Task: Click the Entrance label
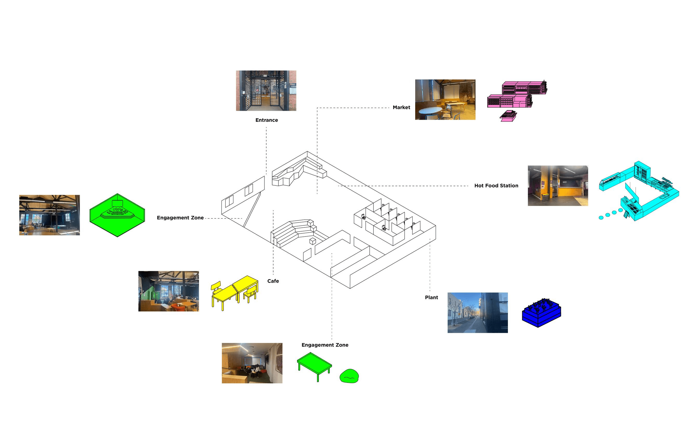click(267, 120)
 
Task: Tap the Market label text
click(401, 107)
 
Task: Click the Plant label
click(431, 297)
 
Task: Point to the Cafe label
click(273, 281)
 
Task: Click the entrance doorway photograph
click(266, 90)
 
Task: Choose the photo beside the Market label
click(445, 99)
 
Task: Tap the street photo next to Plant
click(477, 312)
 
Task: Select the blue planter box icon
click(541, 313)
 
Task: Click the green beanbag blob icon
click(349, 376)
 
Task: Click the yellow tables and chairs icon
click(235, 292)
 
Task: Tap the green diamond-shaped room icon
click(117, 215)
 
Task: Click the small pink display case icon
click(508, 116)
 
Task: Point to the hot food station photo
click(558, 185)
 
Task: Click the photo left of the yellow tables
click(168, 291)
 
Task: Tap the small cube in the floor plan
click(312, 241)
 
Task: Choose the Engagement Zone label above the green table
click(325, 345)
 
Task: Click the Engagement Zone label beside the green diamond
click(180, 218)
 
